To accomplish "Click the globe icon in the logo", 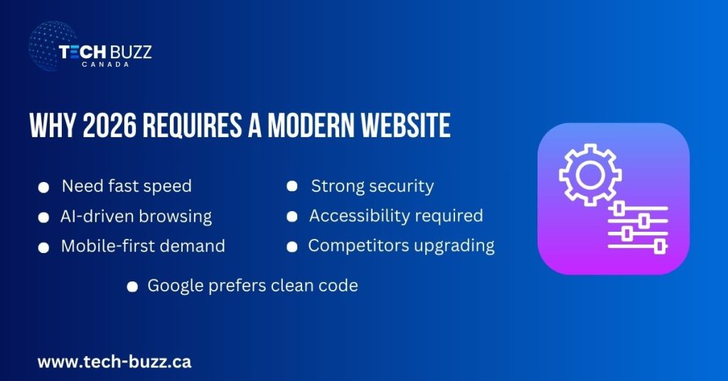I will (52, 46).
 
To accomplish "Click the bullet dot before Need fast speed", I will (44, 187).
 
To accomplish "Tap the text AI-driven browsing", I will (136, 216).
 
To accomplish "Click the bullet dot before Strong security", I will (291, 186).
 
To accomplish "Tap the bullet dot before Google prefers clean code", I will (132, 286).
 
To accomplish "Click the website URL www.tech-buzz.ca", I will (114, 361).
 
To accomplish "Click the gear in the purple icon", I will (590, 176).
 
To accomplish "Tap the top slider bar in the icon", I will (636, 209).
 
